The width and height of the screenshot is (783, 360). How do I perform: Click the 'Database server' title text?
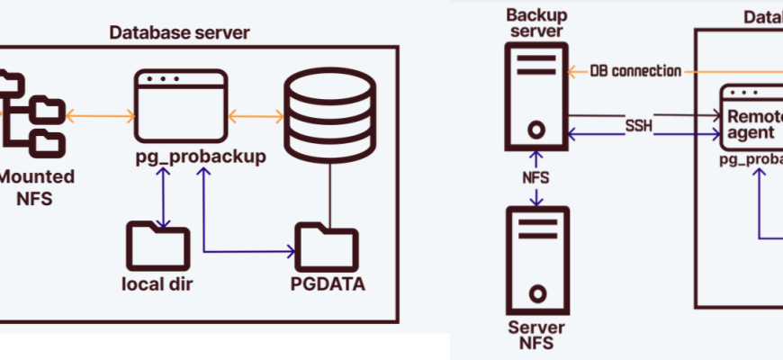(x=179, y=33)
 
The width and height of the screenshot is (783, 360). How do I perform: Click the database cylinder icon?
(x=329, y=114)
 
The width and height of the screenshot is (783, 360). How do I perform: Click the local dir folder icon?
(x=158, y=243)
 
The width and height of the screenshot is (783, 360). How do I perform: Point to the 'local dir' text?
(x=158, y=285)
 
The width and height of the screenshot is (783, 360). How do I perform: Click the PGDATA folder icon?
(x=326, y=244)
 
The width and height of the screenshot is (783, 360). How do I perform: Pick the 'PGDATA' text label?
(x=327, y=285)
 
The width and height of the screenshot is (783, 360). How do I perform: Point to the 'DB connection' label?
(x=635, y=70)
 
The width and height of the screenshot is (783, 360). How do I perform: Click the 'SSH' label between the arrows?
(x=638, y=123)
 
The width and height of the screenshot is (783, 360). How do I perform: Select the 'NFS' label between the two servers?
(x=536, y=178)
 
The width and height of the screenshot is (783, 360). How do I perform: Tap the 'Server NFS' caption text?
(x=537, y=334)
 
